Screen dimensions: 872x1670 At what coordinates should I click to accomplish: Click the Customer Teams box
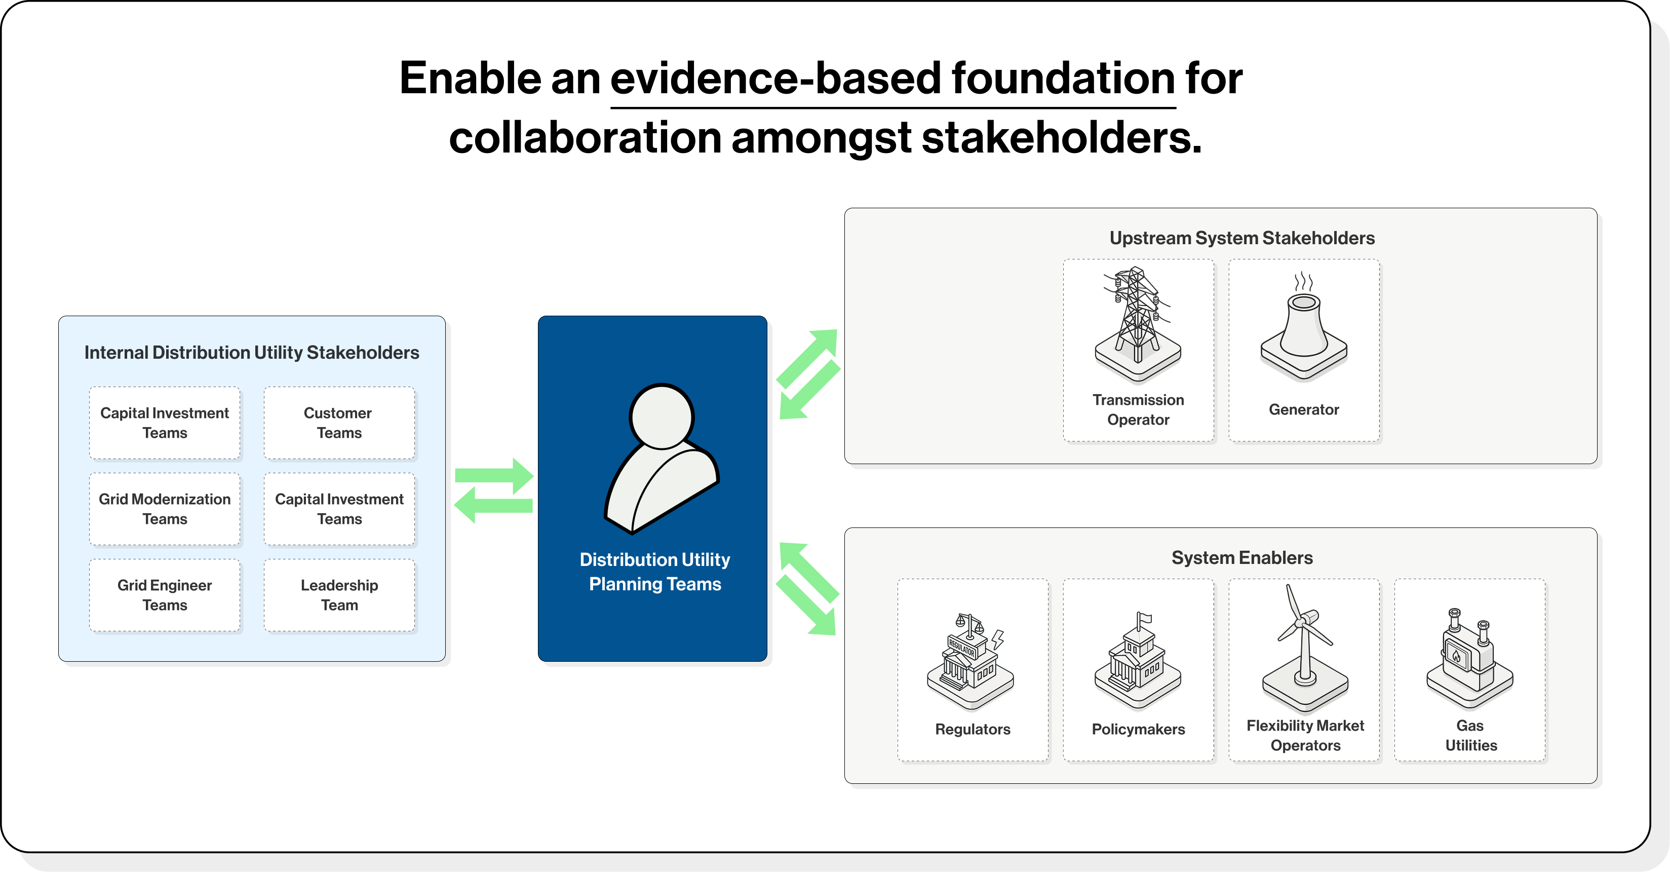339,423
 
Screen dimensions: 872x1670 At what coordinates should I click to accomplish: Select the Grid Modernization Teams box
165,509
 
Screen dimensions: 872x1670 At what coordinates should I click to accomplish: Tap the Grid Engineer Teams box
165,595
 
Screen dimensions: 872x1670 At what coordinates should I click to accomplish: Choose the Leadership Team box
339,595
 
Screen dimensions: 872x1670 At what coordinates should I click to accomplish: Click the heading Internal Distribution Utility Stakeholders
252,353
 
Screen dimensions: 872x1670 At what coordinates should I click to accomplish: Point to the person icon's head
661,416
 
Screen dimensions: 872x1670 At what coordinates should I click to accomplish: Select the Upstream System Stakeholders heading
1241,238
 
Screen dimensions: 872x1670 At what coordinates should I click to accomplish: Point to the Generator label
1304,410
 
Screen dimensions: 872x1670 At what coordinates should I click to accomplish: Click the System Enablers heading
1241,557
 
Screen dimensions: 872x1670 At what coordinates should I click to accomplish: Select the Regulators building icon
970,661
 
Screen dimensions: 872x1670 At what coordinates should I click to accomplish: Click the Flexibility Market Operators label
1305,735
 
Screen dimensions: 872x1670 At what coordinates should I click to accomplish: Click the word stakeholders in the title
1061,138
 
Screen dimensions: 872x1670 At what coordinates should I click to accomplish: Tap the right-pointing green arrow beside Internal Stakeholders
494,475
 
